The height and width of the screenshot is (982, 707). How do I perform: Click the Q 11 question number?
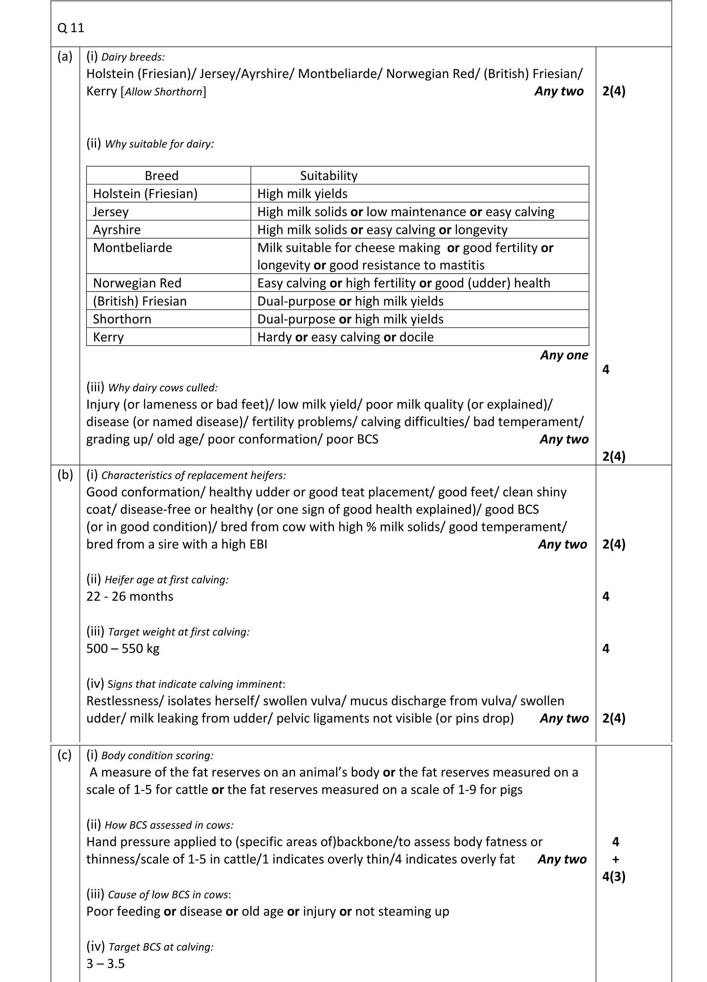point(71,28)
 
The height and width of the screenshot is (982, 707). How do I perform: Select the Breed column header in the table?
point(161,175)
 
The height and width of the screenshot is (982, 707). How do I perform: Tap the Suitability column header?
point(328,175)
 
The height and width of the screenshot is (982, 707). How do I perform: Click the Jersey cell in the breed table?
point(110,212)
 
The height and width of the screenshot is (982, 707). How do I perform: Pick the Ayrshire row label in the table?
point(117,229)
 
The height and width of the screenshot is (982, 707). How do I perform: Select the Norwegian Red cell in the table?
point(137,283)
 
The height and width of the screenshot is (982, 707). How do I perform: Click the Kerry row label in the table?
point(108,337)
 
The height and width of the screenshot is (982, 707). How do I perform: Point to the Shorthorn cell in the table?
point(122,319)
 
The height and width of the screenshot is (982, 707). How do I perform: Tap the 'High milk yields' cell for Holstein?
point(302,194)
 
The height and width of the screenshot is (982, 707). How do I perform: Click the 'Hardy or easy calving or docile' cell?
point(345,337)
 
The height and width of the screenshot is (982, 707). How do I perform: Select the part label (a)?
point(65,56)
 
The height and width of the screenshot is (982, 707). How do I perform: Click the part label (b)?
point(65,475)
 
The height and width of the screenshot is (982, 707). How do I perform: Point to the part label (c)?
point(65,755)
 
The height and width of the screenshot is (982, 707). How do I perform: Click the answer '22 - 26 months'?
point(129,596)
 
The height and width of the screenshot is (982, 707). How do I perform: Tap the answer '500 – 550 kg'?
point(122,648)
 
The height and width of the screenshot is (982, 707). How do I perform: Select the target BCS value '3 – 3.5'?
point(105,963)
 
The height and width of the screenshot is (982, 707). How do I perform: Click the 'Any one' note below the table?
point(564,355)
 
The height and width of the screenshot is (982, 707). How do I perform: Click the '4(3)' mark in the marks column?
point(613,876)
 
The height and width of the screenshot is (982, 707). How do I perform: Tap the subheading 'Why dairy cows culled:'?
point(162,388)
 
